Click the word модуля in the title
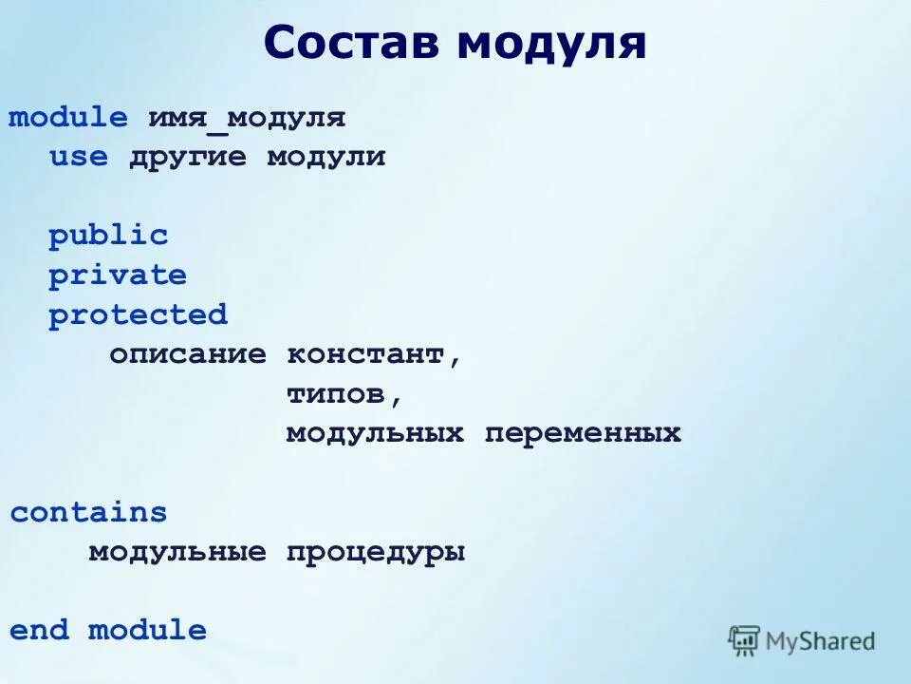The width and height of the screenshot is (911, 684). click(x=551, y=43)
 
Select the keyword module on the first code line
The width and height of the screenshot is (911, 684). click(x=67, y=119)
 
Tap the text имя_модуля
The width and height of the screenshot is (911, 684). click(x=246, y=119)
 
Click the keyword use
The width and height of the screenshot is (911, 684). click(x=79, y=158)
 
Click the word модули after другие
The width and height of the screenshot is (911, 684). click(x=325, y=158)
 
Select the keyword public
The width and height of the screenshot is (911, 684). click(x=108, y=236)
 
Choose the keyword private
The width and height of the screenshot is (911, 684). click(x=118, y=275)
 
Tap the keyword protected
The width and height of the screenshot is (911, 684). click(x=138, y=314)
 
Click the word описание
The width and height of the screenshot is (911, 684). click(x=187, y=354)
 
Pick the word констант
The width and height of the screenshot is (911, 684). click(x=365, y=354)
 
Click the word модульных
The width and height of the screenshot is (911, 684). click(x=375, y=433)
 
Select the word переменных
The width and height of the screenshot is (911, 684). click(x=583, y=433)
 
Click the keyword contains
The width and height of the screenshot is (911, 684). click(x=88, y=513)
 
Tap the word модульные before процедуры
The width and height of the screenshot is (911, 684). click(x=177, y=552)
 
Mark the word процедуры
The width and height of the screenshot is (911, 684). click(x=376, y=552)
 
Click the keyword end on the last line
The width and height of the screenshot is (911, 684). click(x=39, y=631)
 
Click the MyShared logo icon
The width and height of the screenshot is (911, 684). click(x=745, y=640)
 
